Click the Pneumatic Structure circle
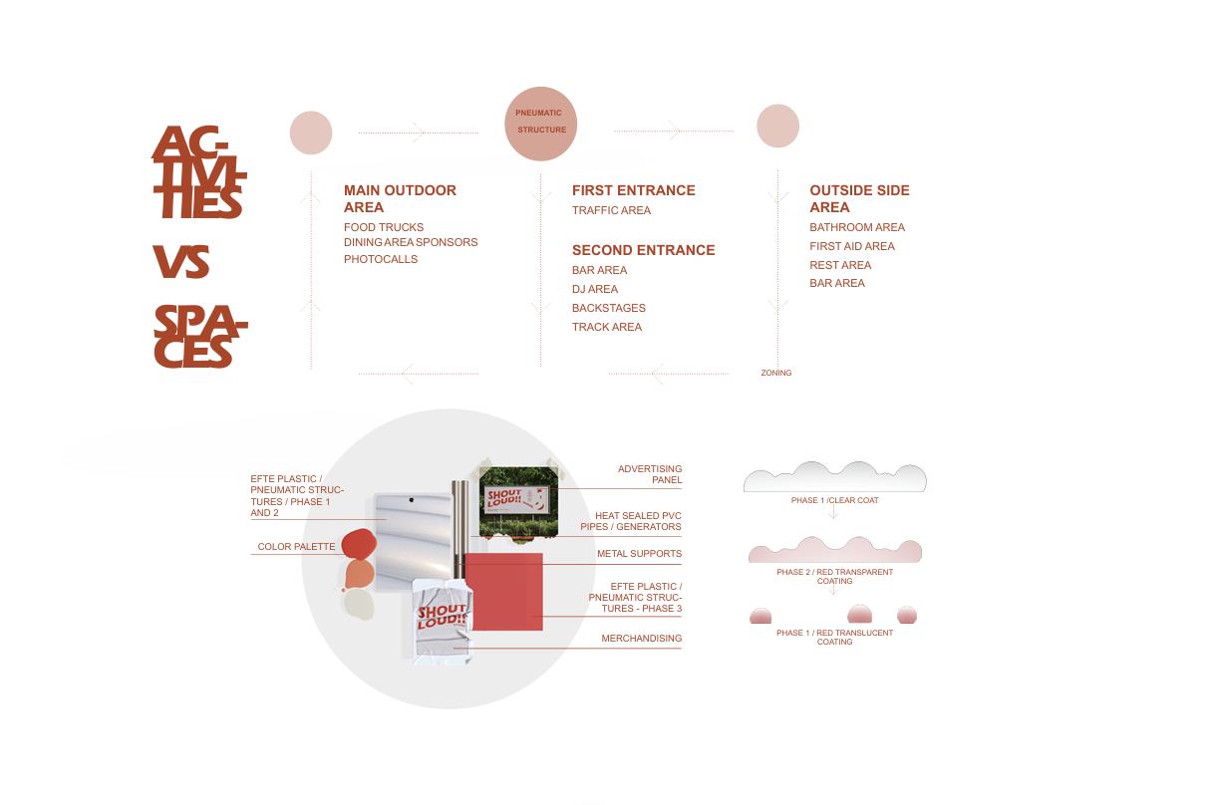pos(540,124)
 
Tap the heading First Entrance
pos(634,190)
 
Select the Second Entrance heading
pos(643,250)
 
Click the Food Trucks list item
pos(384,227)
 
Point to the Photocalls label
pos(381,259)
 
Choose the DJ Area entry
pos(595,289)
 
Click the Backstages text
pos(609,308)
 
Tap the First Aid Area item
pos(852,246)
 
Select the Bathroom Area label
pos(857,227)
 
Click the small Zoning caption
pos(776,373)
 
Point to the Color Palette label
pos(296,547)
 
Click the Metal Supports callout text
pos(640,554)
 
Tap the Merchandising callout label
pos(642,639)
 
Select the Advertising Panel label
pos(650,474)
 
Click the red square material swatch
pos(503,592)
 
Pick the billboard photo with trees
pos(518,502)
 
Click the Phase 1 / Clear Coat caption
pos(835,500)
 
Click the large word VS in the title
pos(181,261)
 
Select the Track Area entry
pos(607,327)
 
